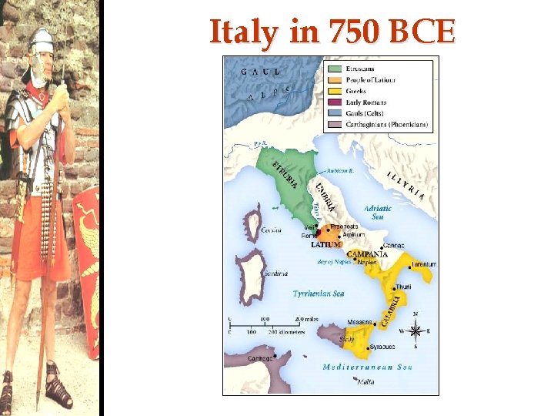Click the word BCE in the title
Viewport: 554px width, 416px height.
coord(422,32)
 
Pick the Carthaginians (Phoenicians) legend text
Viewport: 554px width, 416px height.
coord(387,124)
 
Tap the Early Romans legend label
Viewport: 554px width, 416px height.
coord(366,102)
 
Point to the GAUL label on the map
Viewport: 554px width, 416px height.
coord(260,72)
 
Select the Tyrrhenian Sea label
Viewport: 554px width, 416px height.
coord(319,294)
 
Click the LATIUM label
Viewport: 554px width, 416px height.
coord(326,245)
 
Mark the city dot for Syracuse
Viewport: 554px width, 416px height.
coord(371,347)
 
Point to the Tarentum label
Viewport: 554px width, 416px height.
coord(423,264)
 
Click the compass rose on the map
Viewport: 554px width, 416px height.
coord(415,332)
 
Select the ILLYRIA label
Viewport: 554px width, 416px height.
coord(404,186)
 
